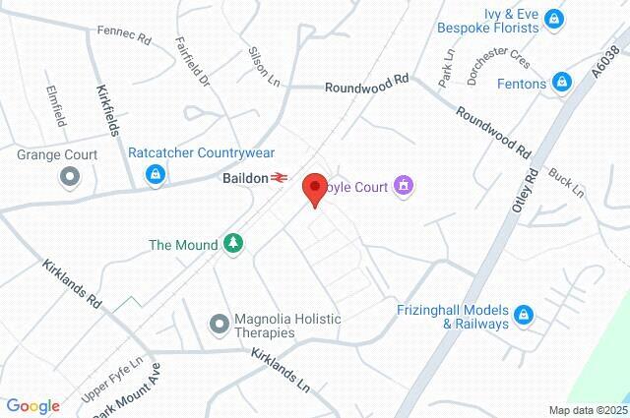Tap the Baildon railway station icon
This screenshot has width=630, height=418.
coord(281,178)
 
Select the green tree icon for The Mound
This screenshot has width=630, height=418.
coord(232,243)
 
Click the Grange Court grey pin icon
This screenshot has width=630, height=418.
coord(70,177)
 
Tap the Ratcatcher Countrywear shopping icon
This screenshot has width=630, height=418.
coord(155,175)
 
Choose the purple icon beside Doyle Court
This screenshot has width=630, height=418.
coord(403,185)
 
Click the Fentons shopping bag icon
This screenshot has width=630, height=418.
coord(561,84)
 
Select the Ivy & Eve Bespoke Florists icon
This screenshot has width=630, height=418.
coord(554,18)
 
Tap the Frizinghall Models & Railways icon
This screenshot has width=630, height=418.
coord(524,315)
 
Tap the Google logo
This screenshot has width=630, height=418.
coord(32,406)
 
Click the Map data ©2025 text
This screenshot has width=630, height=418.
coord(587,410)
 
